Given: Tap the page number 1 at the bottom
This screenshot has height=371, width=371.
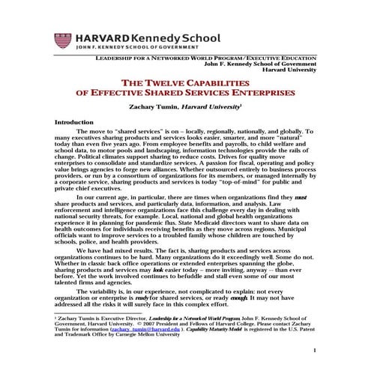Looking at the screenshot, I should point(316,351).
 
